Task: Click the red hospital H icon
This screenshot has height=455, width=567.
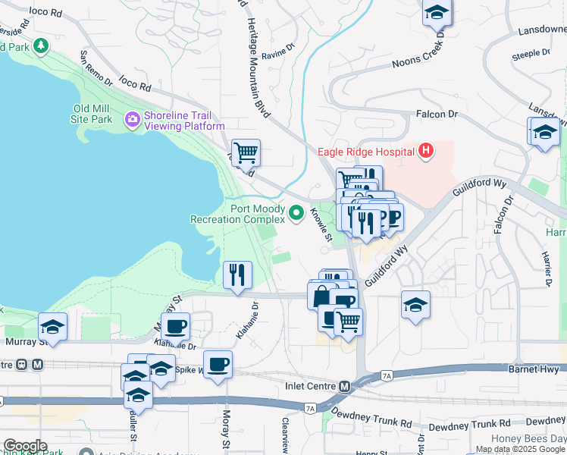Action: point(426,151)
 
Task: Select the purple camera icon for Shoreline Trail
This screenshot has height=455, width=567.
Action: point(133,119)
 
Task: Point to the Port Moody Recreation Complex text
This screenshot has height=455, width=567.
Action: point(237,214)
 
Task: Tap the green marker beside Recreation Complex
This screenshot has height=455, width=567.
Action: point(296,215)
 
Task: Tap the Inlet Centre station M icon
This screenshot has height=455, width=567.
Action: point(344,386)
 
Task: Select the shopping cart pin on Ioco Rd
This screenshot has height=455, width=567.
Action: point(246,153)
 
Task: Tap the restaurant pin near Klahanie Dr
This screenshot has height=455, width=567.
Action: point(238,275)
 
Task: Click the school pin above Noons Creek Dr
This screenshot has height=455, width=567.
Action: point(437,13)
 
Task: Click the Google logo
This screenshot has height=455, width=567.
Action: point(25,446)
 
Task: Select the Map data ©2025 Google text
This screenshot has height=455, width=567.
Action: point(520,449)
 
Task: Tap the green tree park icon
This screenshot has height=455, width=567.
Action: point(39,45)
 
